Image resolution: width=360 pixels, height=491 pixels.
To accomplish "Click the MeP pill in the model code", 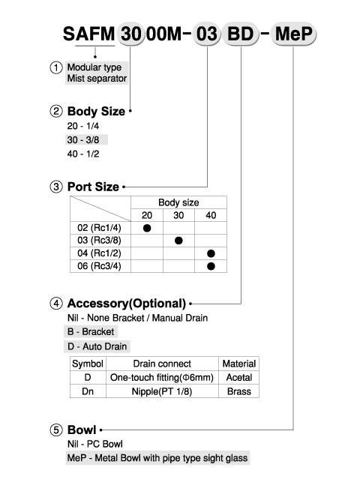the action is point(293,34).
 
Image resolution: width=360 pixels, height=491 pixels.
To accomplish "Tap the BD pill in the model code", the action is point(240,34).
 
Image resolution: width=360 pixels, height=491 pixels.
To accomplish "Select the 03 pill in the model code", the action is point(206,34).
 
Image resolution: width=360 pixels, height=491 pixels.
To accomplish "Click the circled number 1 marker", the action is point(56,67).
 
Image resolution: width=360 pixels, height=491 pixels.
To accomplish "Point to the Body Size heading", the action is point(96,111).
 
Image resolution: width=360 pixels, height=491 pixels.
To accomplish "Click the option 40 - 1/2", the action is point(83,154).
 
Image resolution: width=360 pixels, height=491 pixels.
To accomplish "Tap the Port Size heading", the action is point(93,187).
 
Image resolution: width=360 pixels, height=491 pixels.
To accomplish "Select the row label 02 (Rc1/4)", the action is point(99,228).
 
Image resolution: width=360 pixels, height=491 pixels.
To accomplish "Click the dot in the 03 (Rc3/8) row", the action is point(178,241).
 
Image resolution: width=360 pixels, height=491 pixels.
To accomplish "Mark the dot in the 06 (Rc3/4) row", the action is point(211,266).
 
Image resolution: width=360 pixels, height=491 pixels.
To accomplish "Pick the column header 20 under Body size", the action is point(147,215).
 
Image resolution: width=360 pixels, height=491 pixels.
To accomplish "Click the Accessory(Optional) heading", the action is point(127,303).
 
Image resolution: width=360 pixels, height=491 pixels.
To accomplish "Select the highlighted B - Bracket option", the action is point(91,331).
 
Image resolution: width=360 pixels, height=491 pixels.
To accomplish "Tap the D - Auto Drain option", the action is point(97,346).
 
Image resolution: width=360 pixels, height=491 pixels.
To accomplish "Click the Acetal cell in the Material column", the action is point(239,377).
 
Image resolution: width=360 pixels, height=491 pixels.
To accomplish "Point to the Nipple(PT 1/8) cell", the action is point(162,391).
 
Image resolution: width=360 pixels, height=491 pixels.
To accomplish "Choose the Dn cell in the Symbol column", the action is point(88,391).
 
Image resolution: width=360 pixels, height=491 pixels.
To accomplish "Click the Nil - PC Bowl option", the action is point(95,444).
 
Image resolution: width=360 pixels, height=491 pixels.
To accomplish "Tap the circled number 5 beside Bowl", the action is point(56,430).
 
